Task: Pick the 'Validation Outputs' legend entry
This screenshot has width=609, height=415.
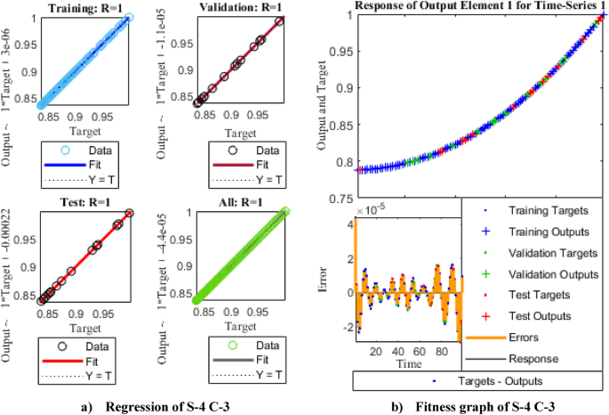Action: coord(550,273)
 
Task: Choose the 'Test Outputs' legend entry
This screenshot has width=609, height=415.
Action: coord(539,315)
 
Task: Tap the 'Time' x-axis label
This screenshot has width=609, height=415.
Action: coord(409,364)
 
